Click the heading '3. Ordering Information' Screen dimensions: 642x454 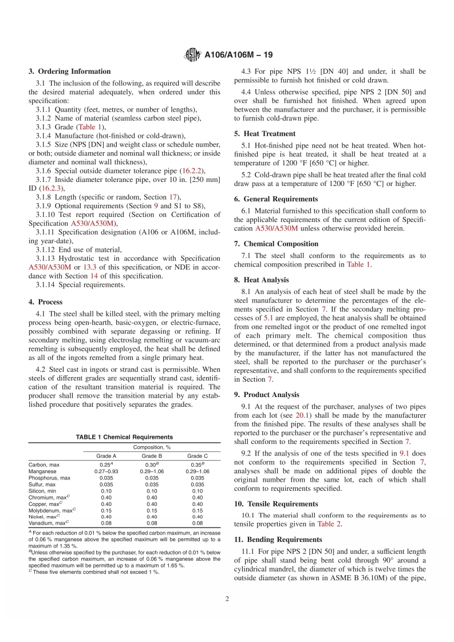point(70,72)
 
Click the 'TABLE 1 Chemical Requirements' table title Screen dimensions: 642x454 point(124,437)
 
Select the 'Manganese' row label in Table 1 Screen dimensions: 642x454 point(44,471)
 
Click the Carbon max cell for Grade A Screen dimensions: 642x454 point(105,464)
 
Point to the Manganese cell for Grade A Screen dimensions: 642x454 point(105,471)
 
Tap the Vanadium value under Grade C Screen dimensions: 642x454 point(198,523)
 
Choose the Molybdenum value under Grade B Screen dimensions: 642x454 point(152,510)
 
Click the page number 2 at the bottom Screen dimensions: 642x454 point(227,599)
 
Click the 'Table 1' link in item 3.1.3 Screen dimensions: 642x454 point(91,126)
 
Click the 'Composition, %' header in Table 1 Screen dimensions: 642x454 point(152,447)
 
